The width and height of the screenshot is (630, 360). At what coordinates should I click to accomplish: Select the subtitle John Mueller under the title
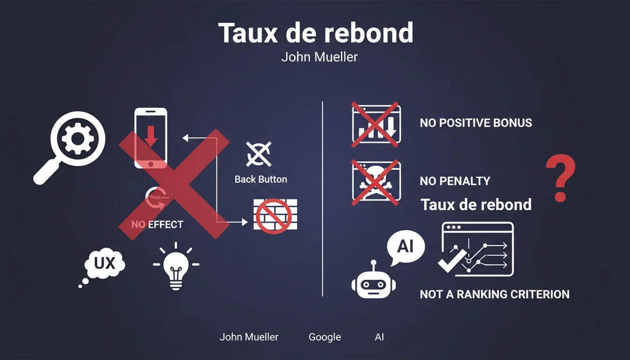(319, 58)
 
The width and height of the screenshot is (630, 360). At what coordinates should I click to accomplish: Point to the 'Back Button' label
(261, 180)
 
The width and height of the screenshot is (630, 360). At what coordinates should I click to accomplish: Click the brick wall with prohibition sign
(272, 215)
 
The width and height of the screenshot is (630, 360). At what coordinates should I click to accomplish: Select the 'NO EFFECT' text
(157, 225)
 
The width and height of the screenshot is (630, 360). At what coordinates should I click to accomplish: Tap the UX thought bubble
(105, 264)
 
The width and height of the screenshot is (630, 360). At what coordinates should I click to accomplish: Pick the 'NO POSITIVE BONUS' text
(476, 123)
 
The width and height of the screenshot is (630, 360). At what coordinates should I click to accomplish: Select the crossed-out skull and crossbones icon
(376, 181)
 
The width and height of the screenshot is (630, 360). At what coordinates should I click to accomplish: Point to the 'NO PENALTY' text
(455, 181)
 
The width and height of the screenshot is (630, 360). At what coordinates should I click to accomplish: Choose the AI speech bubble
(405, 247)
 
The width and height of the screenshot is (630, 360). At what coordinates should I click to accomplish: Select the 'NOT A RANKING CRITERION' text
(495, 294)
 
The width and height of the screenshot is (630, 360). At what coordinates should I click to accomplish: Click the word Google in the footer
(325, 337)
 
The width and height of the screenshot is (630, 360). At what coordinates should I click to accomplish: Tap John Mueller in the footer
(249, 337)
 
